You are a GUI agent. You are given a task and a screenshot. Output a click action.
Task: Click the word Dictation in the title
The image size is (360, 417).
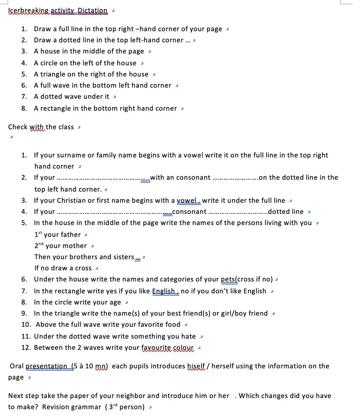tap(93, 10)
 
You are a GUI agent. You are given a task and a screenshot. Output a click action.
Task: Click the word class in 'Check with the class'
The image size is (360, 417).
tap(66, 127)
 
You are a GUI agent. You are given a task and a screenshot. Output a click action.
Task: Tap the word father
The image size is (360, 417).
tap(71, 235)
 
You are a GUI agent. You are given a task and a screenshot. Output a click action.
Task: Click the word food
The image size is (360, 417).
tap(173, 325)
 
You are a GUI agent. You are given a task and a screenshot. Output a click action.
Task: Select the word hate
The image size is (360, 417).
tap(189, 336)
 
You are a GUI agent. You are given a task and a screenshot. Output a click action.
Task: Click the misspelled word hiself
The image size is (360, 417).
tap(197, 366)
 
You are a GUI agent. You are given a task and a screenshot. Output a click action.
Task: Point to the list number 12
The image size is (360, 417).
tap(26, 348)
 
